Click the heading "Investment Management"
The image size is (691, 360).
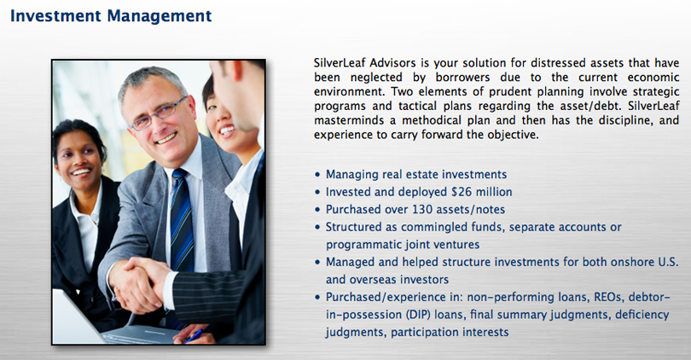pyautogui.click(x=111, y=16)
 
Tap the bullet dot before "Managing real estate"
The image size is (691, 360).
pyautogui.click(x=317, y=175)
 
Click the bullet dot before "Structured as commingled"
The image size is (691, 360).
pyautogui.click(x=317, y=228)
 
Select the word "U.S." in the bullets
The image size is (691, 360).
pyautogui.click(x=668, y=262)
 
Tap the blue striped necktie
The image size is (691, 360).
pyautogui.click(x=182, y=220)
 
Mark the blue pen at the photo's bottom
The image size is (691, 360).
pyautogui.click(x=194, y=336)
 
